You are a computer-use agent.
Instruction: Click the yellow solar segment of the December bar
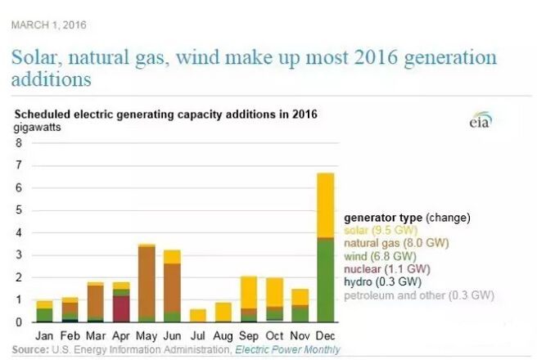(325, 205)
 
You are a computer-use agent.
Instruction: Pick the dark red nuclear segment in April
(121, 308)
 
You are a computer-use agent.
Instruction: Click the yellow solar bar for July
(197, 315)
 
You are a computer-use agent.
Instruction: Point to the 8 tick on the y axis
(19, 142)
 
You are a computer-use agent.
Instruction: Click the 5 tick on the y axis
(19, 210)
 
